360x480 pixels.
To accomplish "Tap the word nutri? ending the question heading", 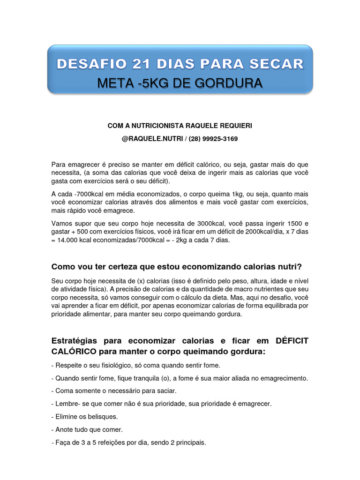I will click(x=290, y=267).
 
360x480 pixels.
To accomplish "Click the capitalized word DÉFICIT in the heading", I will click(x=289, y=341).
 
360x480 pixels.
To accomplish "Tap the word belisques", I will click(x=99, y=416).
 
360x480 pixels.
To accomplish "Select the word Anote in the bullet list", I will click(x=65, y=429).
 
